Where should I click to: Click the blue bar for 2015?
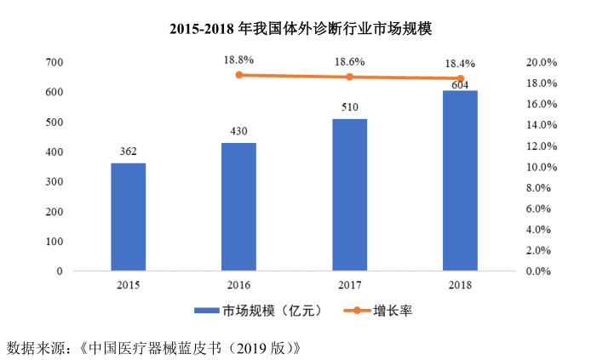tap(128, 217)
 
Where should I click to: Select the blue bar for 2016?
tap(238, 207)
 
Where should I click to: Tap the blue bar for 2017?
tap(349, 195)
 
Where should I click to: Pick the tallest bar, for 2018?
tap(460, 180)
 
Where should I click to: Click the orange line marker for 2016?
tap(238, 75)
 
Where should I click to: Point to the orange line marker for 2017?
tap(349, 77)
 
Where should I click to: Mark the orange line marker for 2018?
tap(460, 78)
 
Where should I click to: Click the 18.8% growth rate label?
tap(238, 60)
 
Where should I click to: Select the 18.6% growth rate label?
tap(349, 62)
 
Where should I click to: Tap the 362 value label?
tap(128, 151)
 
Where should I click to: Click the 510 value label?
tap(349, 107)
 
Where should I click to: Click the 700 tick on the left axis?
tap(54, 62)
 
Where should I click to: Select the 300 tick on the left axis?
tap(54, 182)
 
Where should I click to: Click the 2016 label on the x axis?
tap(238, 285)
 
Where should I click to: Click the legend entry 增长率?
tap(393, 311)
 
